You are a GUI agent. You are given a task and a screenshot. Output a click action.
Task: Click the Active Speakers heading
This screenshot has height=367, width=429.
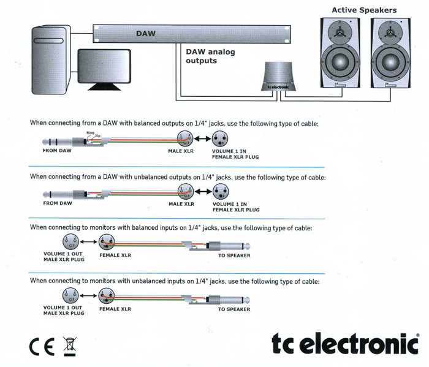(364, 10)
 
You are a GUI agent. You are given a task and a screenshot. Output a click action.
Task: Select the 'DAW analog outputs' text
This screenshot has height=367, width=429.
(210, 56)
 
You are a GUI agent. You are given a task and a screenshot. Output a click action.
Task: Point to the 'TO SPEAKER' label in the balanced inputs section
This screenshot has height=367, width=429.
(233, 255)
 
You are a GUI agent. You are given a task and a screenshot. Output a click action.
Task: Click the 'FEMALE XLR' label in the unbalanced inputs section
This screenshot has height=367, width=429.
(115, 309)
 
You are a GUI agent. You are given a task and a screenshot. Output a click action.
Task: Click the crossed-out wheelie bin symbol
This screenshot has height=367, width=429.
(69, 346)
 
